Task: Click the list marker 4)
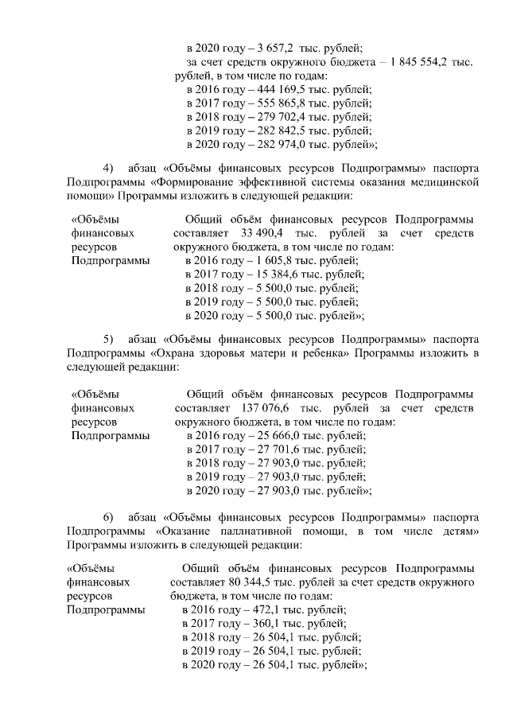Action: (x=110, y=168)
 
